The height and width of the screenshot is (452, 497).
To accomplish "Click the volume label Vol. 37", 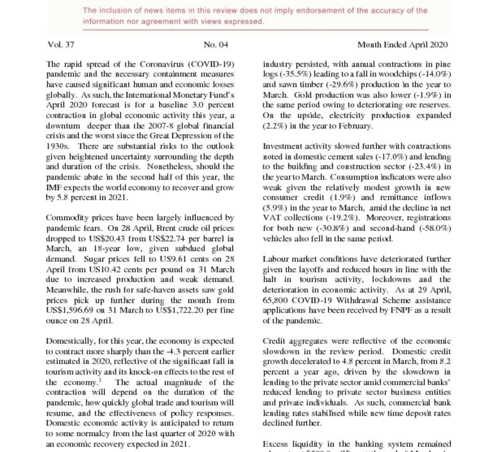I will click(x=60, y=45).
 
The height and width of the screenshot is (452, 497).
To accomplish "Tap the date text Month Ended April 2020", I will click(x=402, y=45).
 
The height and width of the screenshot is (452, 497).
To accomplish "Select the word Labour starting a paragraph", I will click(x=277, y=259).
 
